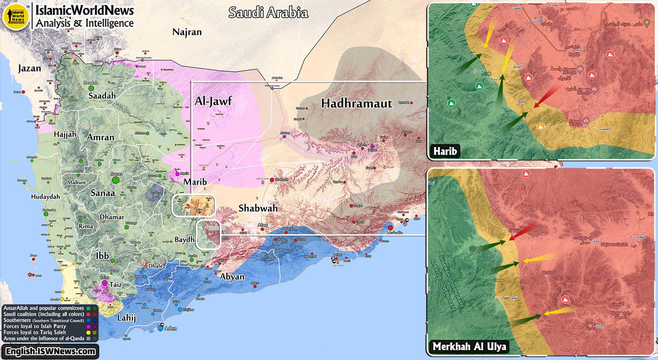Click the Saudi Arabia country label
[268, 12]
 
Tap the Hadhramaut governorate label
[356, 103]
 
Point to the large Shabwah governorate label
[258, 208]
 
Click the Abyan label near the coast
[232, 277]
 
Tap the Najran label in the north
[187, 32]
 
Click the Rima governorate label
[85, 226]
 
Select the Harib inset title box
[446, 151]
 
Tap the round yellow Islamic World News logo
[15, 16]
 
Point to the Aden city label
[170, 328]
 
